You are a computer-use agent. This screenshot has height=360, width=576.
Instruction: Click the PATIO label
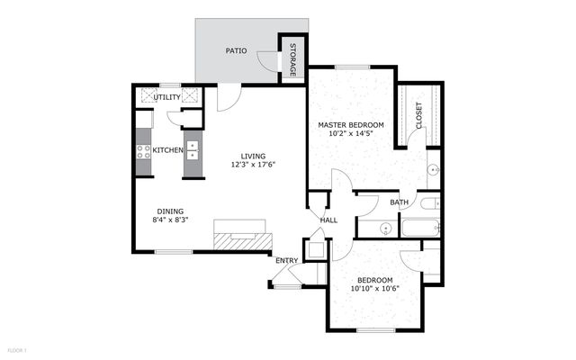click(236, 50)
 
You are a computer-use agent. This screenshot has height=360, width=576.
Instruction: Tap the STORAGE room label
click(292, 60)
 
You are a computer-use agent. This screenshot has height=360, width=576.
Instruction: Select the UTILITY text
click(167, 97)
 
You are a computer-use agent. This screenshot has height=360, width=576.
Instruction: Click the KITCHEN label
click(168, 150)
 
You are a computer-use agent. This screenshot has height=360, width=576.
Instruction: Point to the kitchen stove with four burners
click(143, 152)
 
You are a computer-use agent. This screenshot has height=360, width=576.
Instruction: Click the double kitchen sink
click(193, 150)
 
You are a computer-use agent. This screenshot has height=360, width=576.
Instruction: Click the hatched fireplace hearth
click(243, 241)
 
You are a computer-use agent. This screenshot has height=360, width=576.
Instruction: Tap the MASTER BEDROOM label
click(351, 125)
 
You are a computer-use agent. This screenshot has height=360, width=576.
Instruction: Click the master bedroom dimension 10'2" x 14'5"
click(351, 133)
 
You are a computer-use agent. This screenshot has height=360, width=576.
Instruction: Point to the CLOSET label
click(418, 116)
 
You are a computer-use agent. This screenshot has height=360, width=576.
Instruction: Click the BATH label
click(399, 202)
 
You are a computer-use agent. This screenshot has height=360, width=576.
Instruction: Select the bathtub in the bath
click(420, 228)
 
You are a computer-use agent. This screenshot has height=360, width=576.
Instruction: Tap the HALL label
click(328, 220)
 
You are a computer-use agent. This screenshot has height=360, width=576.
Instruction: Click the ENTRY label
click(286, 260)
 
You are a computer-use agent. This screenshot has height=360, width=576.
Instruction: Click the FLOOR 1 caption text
click(17, 350)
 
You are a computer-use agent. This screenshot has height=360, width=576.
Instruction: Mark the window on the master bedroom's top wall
click(352, 67)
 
